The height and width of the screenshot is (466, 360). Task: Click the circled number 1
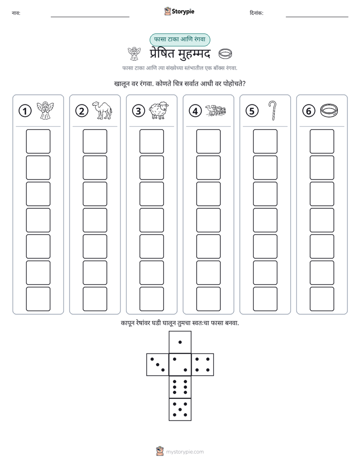click(x=25, y=111)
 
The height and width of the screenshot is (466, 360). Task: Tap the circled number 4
click(x=195, y=111)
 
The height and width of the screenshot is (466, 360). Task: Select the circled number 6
click(x=309, y=111)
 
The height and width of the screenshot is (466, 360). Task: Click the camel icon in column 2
click(x=102, y=110)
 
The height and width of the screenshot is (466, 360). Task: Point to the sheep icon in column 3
click(x=159, y=111)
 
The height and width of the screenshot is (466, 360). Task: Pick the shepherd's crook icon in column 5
click(x=272, y=110)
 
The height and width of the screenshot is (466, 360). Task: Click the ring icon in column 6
click(x=329, y=110)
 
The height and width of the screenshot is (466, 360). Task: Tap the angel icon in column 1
click(x=45, y=110)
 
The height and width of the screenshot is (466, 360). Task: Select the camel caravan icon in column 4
click(x=216, y=110)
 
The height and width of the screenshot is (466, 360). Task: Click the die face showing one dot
click(x=180, y=342)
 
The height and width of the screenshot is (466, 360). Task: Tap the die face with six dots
click(x=180, y=387)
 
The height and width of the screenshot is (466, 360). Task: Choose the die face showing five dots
click(x=180, y=409)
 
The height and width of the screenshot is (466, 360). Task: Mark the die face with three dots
click(x=158, y=365)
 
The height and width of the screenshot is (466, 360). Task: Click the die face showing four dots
click(x=203, y=365)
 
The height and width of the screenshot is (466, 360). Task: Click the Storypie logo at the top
click(x=179, y=11)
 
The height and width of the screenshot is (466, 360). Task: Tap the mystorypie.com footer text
click(x=185, y=452)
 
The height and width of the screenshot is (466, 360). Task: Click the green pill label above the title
click(x=179, y=39)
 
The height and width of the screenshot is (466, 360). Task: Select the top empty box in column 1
click(x=38, y=141)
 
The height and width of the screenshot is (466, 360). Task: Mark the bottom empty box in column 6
click(x=322, y=299)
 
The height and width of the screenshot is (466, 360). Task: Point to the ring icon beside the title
click(x=225, y=54)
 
